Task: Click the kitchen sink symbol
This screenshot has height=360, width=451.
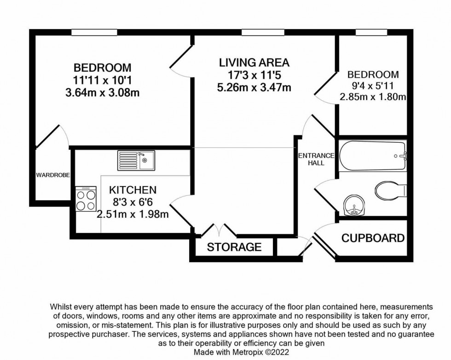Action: pyautogui.click(x=136, y=160)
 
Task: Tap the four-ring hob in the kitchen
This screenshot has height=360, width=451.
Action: pyautogui.click(x=86, y=199)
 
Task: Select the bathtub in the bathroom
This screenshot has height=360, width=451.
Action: pyautogui.click(x=373, y=157)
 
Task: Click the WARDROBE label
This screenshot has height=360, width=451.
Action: pyautogui.click(x=52, y=175)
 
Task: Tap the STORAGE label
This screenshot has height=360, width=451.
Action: pyautogui.click(x=234, y=247)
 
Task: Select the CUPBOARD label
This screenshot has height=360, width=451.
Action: pyautogui.click(x=373, y=238)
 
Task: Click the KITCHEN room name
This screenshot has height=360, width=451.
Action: pyautogui.click(x=133, y=190)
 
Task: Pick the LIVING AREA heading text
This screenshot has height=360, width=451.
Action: pyautogui.click(x=254, y=63)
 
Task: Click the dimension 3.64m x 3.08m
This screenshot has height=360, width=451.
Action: pyautogui.click(x=102, y=93)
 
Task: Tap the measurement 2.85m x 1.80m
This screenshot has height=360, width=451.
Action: pyautogui.click(x=373, y=97)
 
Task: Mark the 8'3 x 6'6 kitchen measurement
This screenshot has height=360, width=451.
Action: pyautogui.click(x=133, y=202)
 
